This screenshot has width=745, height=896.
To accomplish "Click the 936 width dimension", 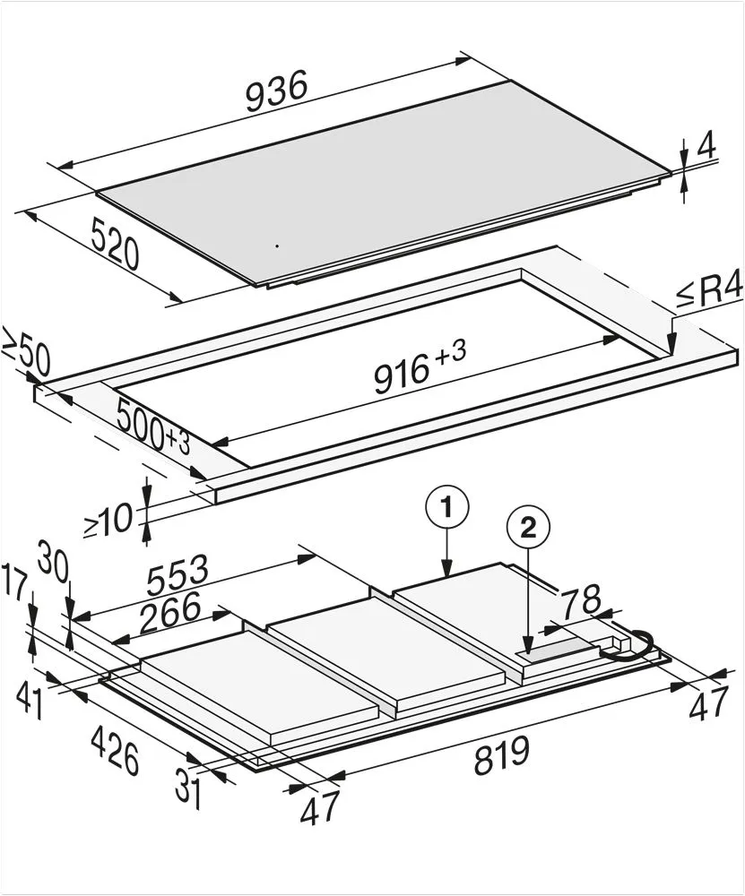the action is (277, 90).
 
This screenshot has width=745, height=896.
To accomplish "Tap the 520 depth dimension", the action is (115, 246).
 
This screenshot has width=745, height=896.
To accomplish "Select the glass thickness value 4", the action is (706, 148).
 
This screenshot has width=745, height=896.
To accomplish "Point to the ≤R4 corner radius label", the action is (709, 293).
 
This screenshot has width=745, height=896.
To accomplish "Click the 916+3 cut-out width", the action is (420, 366).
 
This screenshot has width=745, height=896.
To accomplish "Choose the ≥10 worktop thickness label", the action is (108, 521).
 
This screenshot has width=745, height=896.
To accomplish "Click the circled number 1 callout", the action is (447, 507).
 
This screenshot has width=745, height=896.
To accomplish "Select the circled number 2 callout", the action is (528, 528).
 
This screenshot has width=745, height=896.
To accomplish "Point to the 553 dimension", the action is (177, 574).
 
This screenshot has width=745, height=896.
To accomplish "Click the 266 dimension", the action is (169, 612).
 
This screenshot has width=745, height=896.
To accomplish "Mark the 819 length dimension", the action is (502, 755).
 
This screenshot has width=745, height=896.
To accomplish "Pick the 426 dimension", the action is (115, 750).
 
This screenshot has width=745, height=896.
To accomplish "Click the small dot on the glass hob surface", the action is (277, 246).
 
